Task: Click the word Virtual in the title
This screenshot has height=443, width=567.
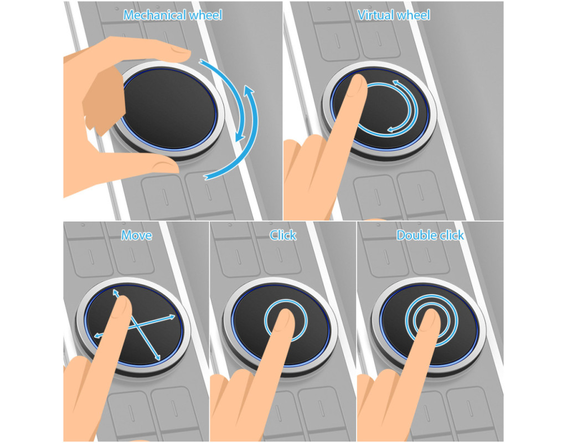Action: click(374, 15)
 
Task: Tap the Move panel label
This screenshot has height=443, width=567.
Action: click(136, 235)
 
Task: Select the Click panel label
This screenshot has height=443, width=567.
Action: click(283, 235)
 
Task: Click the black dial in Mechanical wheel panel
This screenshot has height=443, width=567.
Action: click(169, 109)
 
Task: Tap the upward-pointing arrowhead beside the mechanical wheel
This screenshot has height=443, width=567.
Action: click(249, 90)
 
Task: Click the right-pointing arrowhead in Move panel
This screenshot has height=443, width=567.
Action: click(172, 317)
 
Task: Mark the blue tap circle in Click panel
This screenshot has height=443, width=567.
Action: click(286, 300)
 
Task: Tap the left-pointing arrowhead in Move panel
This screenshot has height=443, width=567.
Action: click(97, 336)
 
